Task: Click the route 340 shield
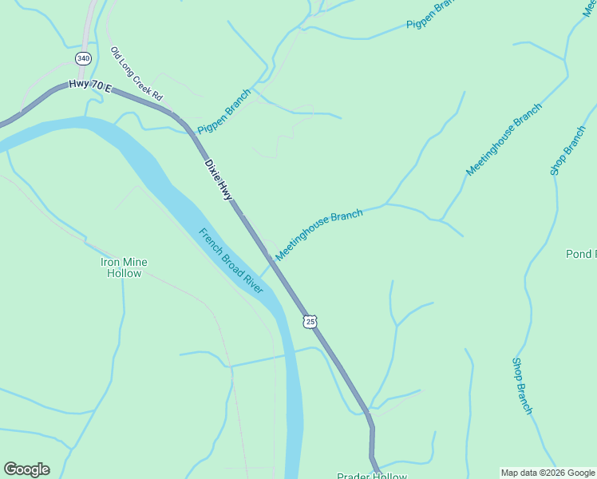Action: point(84,58)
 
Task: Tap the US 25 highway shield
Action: point(310,321)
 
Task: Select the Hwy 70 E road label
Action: point(89,85)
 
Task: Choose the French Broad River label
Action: point(231,261)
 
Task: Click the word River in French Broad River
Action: point(253,284)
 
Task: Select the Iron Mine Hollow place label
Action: point(124,267)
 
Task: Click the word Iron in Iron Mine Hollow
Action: point(110,262)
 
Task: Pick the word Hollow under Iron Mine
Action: point(124,273)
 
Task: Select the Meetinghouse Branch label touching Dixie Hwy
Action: point(319,235)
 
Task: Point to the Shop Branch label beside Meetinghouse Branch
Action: point(567,150)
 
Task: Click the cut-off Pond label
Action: point(580,254)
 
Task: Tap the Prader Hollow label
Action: point(371,476)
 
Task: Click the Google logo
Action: point(26,469)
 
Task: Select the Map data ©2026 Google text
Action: point(548,473)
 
